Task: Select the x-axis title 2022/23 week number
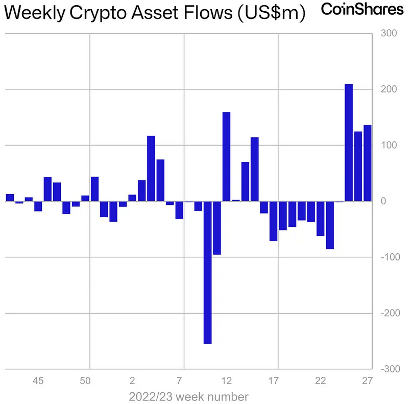pos(189,396)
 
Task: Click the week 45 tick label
pos(38,381)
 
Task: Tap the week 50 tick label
pos(85,381)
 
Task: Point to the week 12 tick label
pos(227,381)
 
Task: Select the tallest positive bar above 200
pos(349,142)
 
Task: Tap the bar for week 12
pos(226,156)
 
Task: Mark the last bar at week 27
pos(368,163)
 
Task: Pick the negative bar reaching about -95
pos(217,228)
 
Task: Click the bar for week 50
pos(94,189)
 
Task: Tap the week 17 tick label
pos(274,381)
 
